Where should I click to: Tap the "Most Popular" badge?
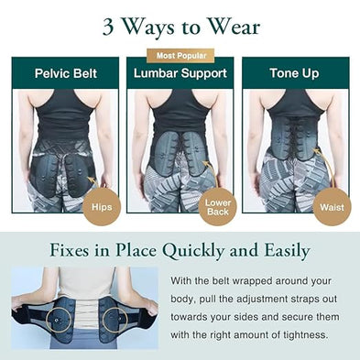180,56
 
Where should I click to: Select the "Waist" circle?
332,206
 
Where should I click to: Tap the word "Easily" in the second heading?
283,251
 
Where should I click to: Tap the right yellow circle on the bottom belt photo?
115,320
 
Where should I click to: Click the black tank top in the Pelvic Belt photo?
62,115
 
